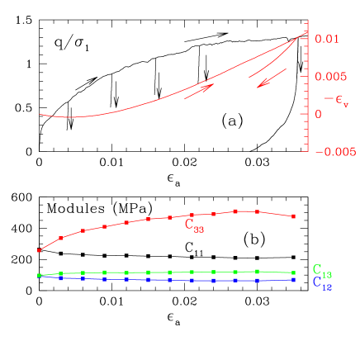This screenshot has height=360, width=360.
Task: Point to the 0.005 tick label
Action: [329, 77]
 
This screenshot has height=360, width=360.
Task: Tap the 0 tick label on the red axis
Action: [319, 114]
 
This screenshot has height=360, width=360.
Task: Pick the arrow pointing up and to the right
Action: [199, 91]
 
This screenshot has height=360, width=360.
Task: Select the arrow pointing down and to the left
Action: [272, 78]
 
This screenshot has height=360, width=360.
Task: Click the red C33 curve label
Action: [194, 225]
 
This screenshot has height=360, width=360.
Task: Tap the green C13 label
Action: [322, 270]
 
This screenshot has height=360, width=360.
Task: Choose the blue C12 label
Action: [322, 282]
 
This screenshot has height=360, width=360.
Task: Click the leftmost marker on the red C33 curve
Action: [39, 250]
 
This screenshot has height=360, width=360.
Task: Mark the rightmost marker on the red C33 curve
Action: [293, 216]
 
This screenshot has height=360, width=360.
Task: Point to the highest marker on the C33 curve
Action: [235, 211]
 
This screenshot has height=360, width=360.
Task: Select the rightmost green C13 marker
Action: [293, 272]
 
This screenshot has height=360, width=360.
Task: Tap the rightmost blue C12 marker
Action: [293, 280]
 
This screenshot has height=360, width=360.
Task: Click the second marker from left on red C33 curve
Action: [61, 238]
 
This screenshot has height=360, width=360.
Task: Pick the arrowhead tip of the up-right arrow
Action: [214, 84]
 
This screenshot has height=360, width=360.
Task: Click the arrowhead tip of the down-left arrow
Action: [257, 87]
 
